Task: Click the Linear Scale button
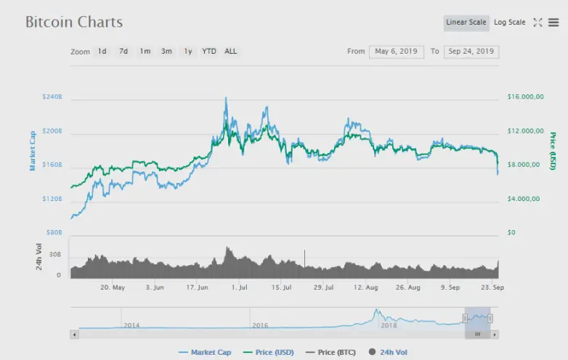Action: coord(466,22)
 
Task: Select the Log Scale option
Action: coord(510,22)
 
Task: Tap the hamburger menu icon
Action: coord(553,22)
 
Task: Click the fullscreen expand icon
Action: coord(537,22)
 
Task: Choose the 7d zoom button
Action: coord(123,52)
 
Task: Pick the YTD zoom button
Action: coord(209,52)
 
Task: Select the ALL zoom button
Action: coord(230,52)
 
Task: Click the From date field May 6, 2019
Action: coord(397,52)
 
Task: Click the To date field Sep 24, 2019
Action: coord(471,52)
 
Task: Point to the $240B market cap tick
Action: coord(52,97)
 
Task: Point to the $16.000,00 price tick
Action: coord(525,97)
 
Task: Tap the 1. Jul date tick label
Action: coord(239,287)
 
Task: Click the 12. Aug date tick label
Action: coord(365,287)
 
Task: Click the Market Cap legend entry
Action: coord(205,352)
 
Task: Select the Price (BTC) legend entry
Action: coord(330,352)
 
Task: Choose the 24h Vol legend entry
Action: coord(388,352)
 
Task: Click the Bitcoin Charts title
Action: coord(74,22)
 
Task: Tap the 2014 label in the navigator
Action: coord(131,325)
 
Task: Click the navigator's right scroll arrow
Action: coord(495,335)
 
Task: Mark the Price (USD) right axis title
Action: coord(553,151)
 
